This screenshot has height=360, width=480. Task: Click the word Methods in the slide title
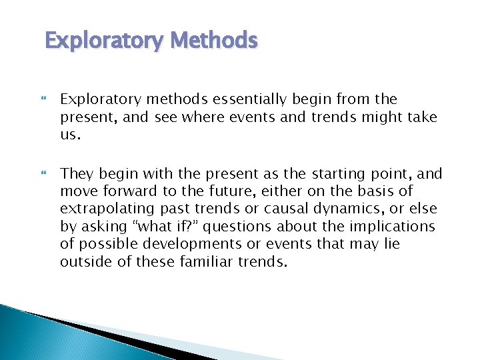[x=213, y=41]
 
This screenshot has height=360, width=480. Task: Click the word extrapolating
[x=101, y=209]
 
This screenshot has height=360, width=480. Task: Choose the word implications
[x=396, y=227]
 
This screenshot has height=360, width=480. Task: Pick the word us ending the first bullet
[x=69, y=135]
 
